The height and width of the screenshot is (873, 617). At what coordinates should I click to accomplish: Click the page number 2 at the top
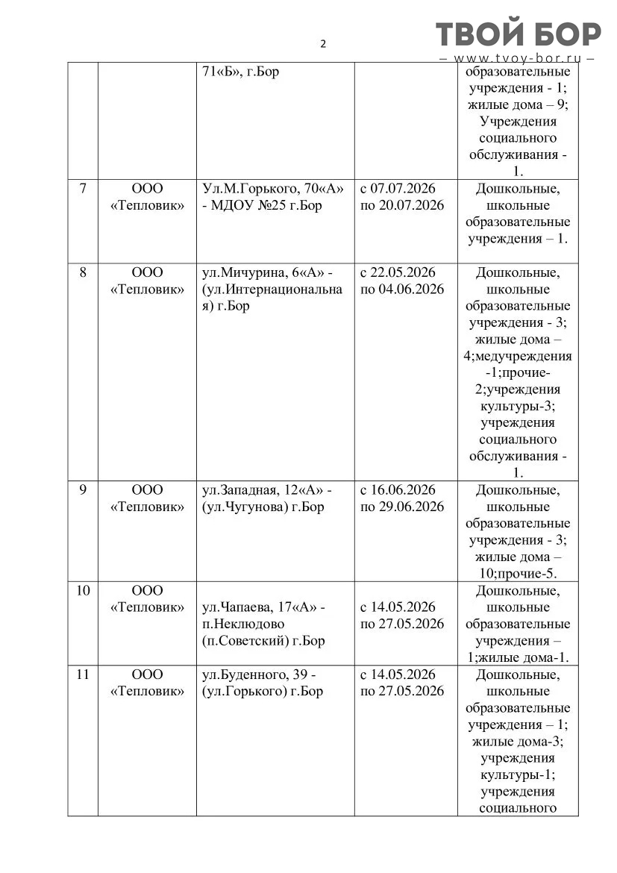(x=323, y=43)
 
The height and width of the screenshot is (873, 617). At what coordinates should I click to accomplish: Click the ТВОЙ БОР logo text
(x=518, y=34)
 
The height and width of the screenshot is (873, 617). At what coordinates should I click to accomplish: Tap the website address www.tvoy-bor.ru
(x=518, y=58)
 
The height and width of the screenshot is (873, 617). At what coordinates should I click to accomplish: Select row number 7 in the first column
(x=83, y=189)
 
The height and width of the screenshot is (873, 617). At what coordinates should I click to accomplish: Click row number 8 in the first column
(x=83, y=272)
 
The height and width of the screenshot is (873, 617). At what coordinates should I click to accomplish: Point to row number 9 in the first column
(x=83, y=490)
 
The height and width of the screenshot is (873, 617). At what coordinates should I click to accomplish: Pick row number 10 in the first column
(x=83, y=591)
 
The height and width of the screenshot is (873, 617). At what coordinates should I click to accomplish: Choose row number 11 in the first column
(x=83, y=675)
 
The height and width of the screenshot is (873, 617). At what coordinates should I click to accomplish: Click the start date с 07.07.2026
(x=398, y=189)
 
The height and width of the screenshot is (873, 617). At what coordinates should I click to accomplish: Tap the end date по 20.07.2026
(x=402, y=205)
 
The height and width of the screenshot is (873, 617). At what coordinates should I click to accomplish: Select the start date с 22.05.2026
(x=398, y=272)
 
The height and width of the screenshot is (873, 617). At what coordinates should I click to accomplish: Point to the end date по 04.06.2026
(x=402, y=289)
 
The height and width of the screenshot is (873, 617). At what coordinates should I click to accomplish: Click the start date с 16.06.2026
(x=398, y=490)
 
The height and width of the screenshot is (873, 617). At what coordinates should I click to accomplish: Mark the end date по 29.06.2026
(x=402, y=507)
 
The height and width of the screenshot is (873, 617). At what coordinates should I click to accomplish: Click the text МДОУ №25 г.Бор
(x=267, y=205)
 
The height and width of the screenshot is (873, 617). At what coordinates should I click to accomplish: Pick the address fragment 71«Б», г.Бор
(x=240, y=72)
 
